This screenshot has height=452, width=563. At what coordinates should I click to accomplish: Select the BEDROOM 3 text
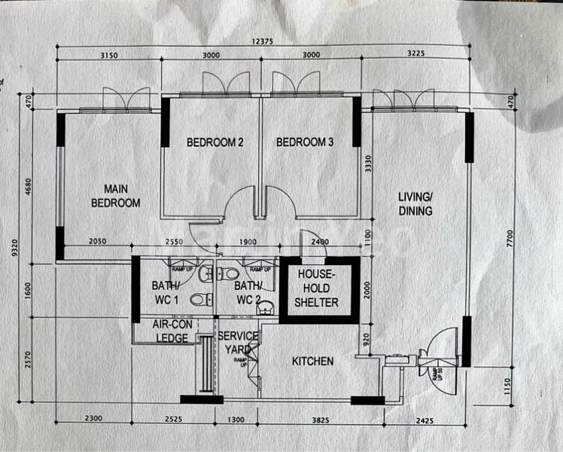(304, 142)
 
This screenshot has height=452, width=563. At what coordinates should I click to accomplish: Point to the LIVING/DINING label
(415, 204)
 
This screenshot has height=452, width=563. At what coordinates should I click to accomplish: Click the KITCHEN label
(312, 362)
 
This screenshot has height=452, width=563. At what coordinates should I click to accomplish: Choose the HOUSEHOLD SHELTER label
(317, 288)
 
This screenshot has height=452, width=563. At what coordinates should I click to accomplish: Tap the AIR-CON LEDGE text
(171, 331)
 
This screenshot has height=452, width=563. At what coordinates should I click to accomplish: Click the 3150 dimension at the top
(110, 56)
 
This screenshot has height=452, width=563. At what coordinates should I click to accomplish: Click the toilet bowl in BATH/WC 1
(197, 300)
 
